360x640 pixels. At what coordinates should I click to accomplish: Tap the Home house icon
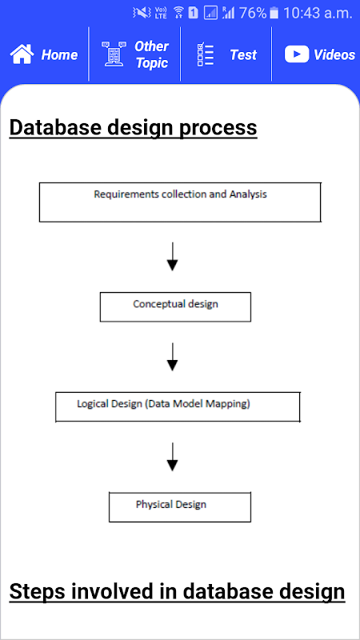22,54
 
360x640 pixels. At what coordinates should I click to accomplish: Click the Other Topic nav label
151,54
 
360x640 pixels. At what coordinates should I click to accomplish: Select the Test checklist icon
206,54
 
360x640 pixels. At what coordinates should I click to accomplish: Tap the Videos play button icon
297,54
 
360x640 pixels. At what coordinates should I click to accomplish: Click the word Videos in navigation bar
334,54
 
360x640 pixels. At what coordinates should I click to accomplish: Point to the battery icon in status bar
274,13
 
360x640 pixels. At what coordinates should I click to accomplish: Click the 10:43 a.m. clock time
317,14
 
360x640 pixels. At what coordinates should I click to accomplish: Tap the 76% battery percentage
253,13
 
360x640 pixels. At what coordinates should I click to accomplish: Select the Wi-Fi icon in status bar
178,13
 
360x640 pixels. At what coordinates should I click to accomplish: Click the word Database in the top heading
55,127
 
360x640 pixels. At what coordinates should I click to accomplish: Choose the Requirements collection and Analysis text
181,194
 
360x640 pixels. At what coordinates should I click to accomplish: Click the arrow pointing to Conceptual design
173,256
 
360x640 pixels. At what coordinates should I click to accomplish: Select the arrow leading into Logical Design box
173,357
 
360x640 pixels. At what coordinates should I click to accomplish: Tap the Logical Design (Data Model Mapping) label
164,404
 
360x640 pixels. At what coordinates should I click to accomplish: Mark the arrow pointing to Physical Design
173,457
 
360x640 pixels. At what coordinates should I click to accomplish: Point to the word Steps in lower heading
36,592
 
